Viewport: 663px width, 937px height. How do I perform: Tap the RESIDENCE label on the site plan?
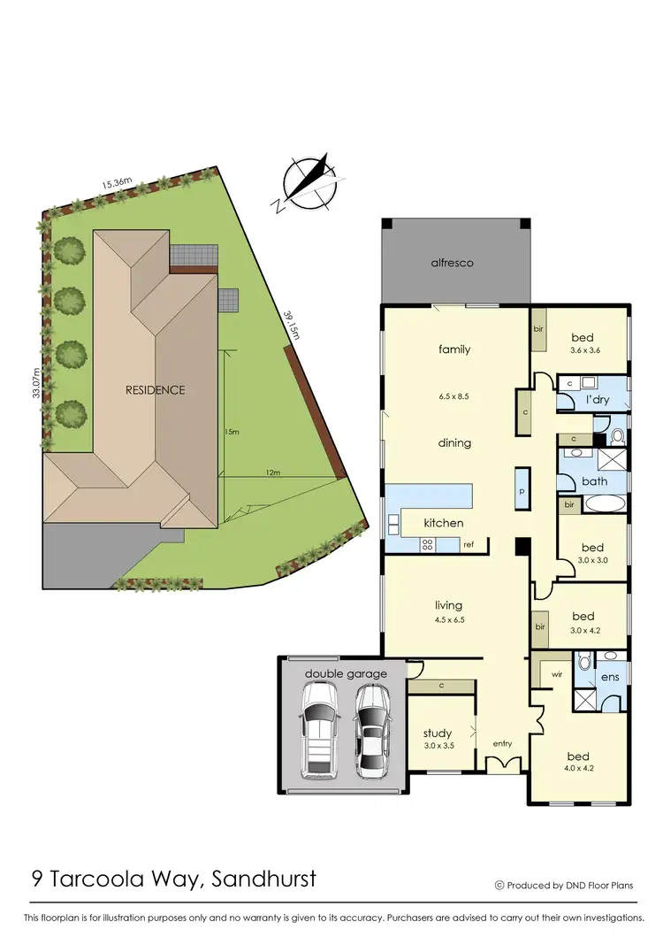(x=155, y=389)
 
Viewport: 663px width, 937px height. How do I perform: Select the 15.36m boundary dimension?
(x=117, y=183)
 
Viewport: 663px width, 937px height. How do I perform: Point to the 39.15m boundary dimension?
(x=291, y=323)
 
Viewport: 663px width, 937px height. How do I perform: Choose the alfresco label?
(x=453, y=263)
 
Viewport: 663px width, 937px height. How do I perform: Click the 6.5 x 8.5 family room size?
(x=453, y=396)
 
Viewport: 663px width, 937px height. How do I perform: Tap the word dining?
(x=454, y=442)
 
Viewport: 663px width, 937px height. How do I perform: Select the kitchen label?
(x=443, y=523)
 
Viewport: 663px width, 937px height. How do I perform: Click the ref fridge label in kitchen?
(x=469, y=544)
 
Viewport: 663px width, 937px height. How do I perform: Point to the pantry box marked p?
(x=522, y=490)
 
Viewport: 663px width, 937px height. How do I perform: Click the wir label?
(x=557, y=673)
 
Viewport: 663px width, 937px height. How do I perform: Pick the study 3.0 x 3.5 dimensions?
(x=438, y=746)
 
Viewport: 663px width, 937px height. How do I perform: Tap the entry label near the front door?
(x=502, y=743)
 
